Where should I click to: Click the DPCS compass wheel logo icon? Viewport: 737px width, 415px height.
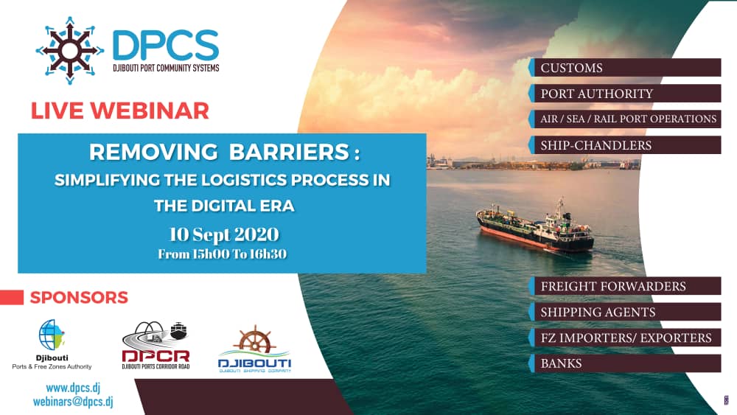[x=70, y=50]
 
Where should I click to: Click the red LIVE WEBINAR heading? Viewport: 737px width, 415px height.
[x=120, y=111]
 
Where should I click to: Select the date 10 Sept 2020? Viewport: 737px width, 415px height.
[x=223, y=234]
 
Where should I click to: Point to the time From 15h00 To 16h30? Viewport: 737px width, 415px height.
[x=222, y=254]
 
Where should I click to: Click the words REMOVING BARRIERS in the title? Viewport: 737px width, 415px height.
[x=224, y=153]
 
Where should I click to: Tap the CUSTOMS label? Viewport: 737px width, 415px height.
[x=571, y=68]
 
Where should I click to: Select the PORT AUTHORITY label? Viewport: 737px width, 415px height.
[x=596, y=94]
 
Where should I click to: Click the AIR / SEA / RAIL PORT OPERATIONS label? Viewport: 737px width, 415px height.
[x=628, y=119]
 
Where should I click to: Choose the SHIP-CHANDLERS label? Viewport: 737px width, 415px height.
[x=595, y=145]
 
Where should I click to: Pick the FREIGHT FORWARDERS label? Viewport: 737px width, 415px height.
[x=612, y=286]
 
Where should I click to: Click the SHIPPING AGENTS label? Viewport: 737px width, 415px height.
[x=597, y=312]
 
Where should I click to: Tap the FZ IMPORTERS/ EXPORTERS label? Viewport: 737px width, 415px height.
[x=626, y=338]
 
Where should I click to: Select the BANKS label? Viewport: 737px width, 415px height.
[x=561, y=363]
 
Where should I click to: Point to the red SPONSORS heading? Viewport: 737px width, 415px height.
[x=79, y=298]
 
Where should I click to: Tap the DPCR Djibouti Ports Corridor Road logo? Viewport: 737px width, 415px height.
[x=156, y=345]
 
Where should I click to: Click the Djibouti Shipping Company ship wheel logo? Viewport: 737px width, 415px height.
[x=254, y=349]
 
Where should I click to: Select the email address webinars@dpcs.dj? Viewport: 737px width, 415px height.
[x=73, y=402]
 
